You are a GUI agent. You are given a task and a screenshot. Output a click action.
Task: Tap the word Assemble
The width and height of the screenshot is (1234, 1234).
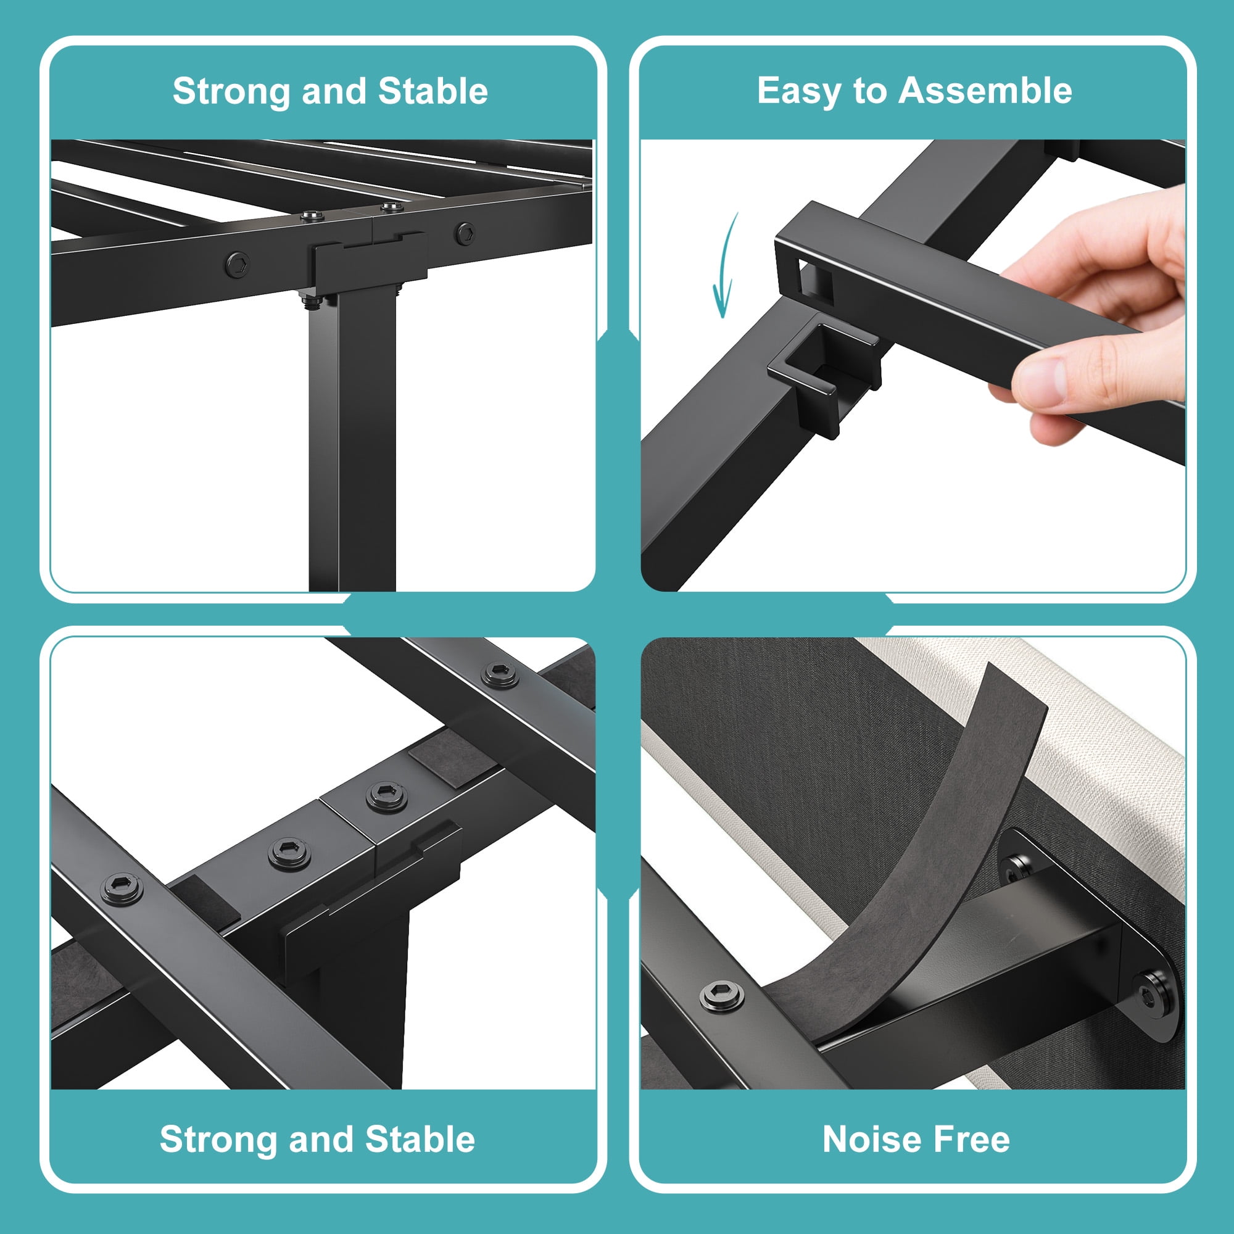(985, 90)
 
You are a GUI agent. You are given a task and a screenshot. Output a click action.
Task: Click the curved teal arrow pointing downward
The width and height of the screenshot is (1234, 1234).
(725, 265)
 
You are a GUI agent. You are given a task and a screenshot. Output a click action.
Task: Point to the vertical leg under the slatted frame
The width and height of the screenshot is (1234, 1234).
(352, 441)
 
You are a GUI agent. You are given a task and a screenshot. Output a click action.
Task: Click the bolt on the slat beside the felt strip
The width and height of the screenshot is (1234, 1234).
(721, 996)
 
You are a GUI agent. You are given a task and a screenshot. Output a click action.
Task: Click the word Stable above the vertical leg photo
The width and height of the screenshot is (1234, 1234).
(433, 91)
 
